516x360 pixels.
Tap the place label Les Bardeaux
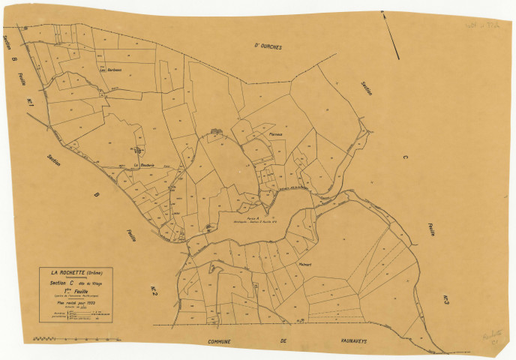[x=110, y=70]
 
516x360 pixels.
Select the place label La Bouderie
[x=142, y=165]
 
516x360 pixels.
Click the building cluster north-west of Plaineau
[x=217, y=131]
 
